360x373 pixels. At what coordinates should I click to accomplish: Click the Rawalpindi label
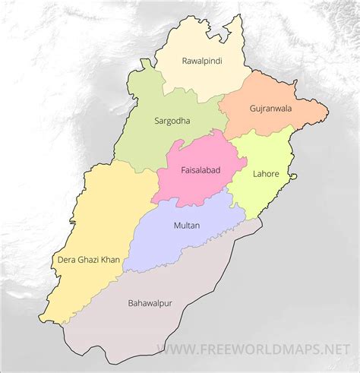point(201,60)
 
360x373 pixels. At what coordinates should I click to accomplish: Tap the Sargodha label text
point(172,120)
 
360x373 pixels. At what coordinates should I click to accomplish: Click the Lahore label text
point(264,174)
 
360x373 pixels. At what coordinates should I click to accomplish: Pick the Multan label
point(187,225)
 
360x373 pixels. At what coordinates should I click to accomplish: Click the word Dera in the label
point(68,260)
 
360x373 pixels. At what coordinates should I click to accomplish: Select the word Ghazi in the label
point(92,260)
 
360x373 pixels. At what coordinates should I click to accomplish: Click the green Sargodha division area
point(152,141)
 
